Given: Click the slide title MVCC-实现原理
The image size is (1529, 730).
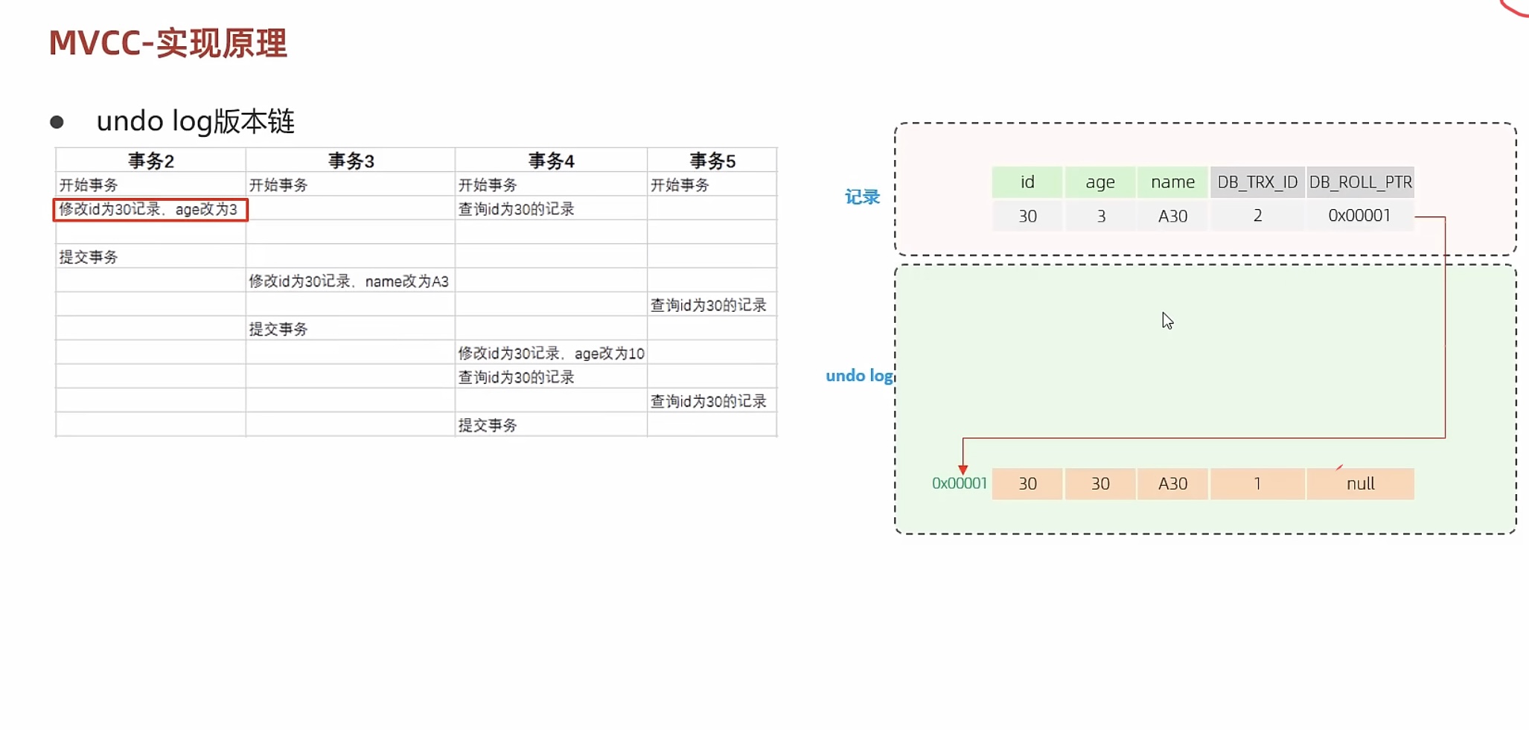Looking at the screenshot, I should (168, 43).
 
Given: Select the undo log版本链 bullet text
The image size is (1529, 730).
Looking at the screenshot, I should (196, 121).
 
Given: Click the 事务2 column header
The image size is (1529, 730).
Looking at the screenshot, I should (150, 161).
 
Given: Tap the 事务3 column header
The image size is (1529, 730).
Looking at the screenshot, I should (351, 161).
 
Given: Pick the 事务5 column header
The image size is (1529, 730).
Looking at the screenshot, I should (712, 161).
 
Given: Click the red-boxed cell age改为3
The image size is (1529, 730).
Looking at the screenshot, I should (150, 210).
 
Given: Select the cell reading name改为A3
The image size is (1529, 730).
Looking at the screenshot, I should (348, 281).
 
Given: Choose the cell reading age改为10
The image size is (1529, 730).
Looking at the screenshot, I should (551, 353).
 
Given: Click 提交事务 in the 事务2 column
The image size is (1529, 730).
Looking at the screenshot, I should (89, 257).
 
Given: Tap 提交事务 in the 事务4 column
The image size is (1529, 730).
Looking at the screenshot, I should (487, 426).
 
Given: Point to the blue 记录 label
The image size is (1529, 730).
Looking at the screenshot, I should (862, 197).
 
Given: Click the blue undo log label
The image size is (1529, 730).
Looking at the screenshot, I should (859, 376).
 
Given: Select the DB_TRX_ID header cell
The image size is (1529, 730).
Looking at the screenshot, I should (1257, 182).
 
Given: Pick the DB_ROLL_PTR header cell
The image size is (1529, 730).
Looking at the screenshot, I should (1360, 182).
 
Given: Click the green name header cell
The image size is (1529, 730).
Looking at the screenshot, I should (1172, 182).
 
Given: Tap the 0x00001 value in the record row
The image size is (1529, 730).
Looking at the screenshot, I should (1359, 216).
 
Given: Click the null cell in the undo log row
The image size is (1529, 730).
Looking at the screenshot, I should (1360, 484).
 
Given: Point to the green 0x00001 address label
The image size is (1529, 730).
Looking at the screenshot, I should (959, 484).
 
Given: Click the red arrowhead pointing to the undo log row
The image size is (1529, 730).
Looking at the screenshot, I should (963, 470).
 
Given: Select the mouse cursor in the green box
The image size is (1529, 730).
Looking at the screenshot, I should (1166, 321).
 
